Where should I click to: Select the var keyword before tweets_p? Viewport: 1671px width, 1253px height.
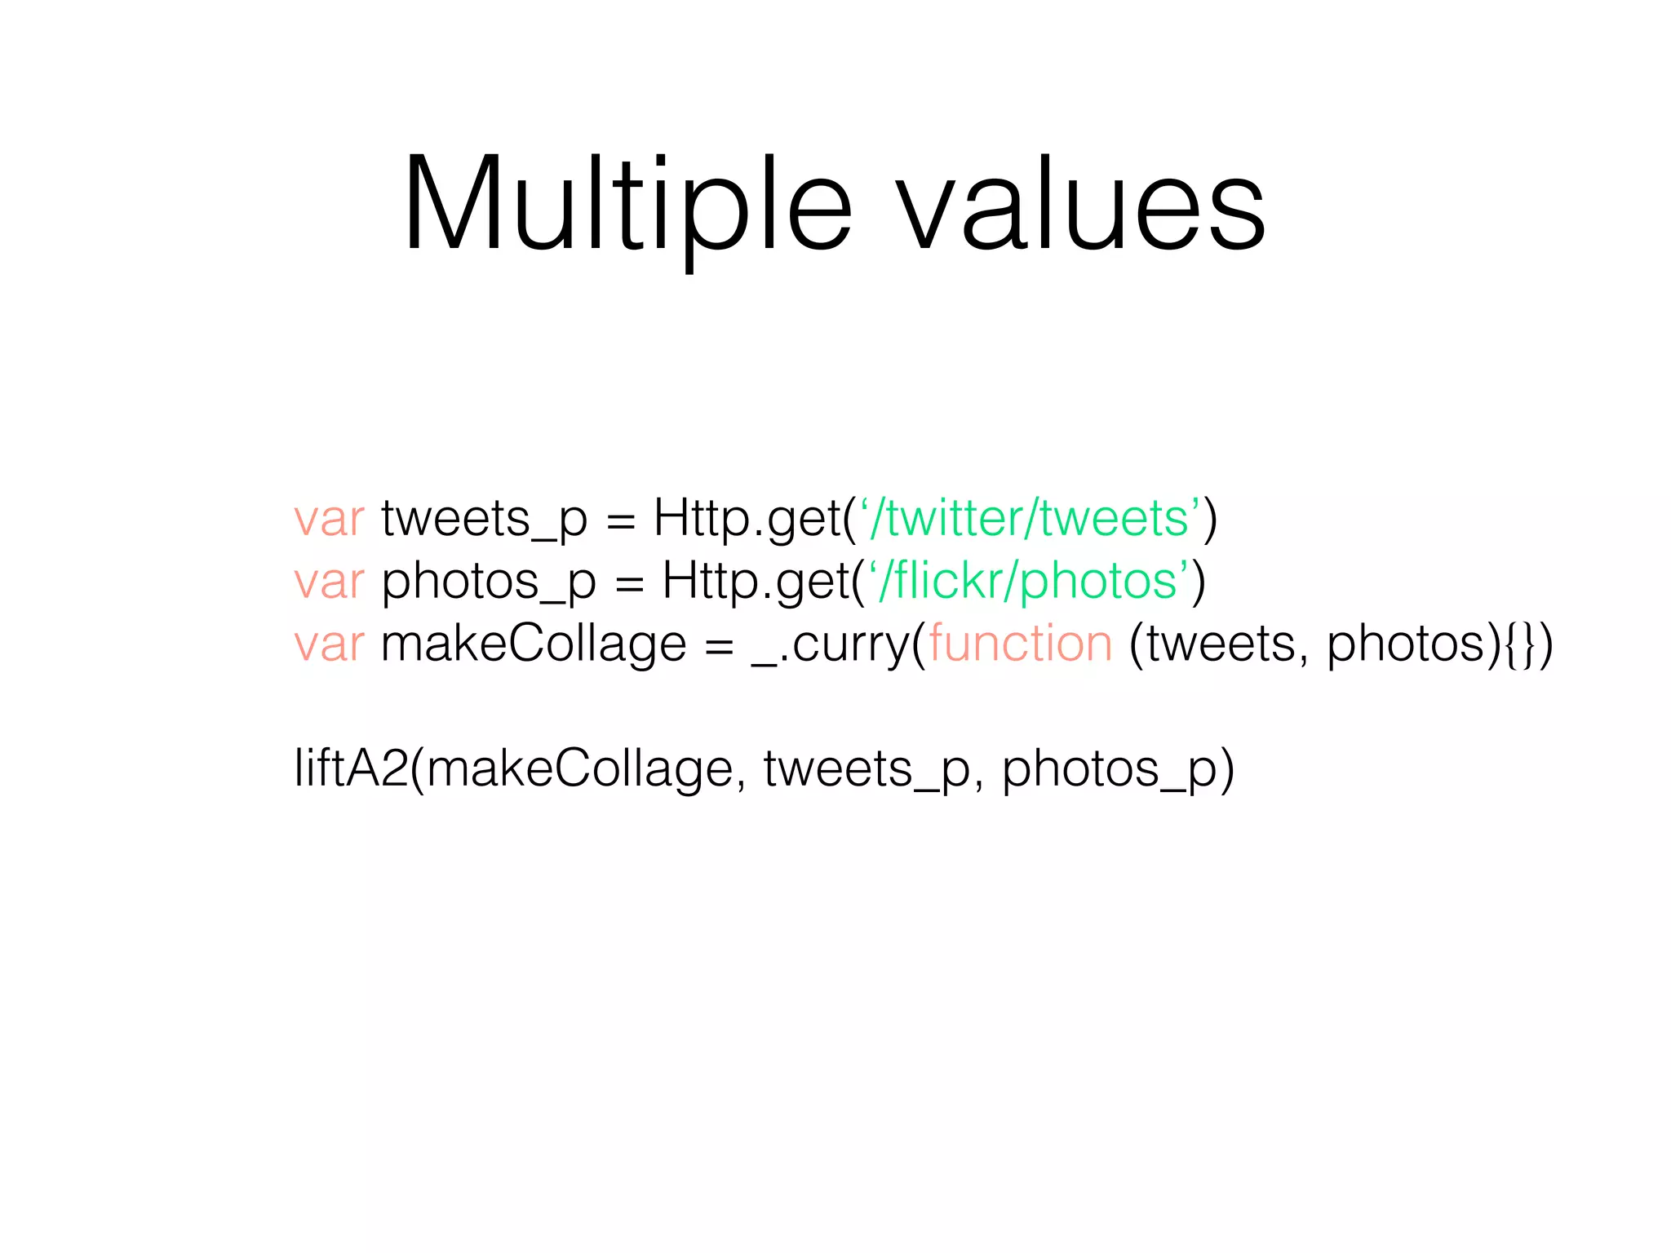click(x=329, y=519)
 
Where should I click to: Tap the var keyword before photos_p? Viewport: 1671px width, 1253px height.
click(x=329, y=582)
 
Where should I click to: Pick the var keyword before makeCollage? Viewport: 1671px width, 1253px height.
click(x=329, y=644)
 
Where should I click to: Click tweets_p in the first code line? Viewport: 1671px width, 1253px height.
click(x=484, y=520)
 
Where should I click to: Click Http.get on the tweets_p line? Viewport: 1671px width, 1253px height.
click(x=747, y=520)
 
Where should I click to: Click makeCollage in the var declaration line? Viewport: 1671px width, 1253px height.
click(x=534, y=644)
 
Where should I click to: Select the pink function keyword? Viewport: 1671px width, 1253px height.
click(x=1020, y=644)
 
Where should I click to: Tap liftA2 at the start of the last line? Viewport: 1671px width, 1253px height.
click(x=351, y=768)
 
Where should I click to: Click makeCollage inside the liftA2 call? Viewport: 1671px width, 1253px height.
click(x=579, y=770)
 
